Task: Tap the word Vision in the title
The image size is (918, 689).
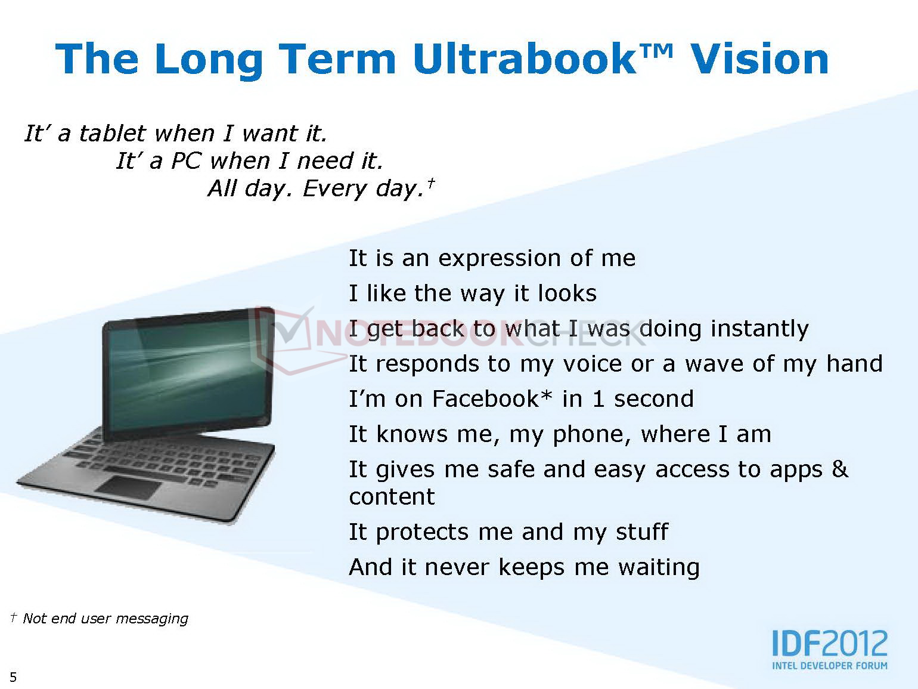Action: (x=759, y=59)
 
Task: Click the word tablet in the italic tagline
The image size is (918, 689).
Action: (x=112, y=133)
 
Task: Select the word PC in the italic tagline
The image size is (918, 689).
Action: (x=187, y=160)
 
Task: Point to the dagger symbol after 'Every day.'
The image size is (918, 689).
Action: (x=431, y=183)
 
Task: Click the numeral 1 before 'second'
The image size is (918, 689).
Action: (x=598, y=399)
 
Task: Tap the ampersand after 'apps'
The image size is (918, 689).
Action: (x=840, y=469)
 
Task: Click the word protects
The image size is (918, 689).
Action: (x=422, y=533)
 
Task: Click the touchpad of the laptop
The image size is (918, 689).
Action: (x=128, y=487)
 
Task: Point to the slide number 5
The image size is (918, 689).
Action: (x=13, y=676)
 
